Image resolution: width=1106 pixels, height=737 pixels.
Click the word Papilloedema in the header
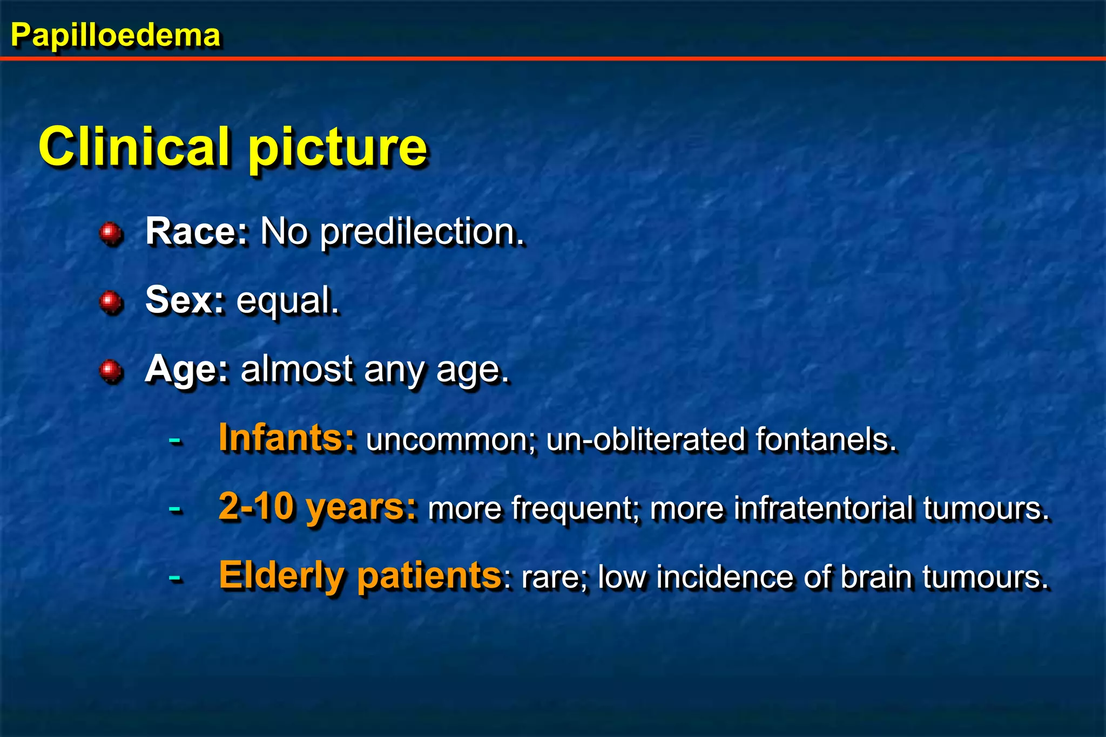(x=116, y=36)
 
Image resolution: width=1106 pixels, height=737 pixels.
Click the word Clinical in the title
(x=134, y=147)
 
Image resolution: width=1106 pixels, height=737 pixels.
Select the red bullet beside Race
(x=111, y=233)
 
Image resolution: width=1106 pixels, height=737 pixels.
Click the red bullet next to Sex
(x=111, y=302)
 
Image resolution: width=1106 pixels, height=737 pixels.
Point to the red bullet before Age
(x=111, y=371)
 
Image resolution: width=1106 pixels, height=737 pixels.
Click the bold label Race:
(x=197, y=231)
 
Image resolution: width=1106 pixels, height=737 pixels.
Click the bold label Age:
(x=187, y=370)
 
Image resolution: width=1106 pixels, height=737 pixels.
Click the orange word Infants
(x=287, y=438)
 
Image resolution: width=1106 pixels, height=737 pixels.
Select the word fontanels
(x=826, y=439)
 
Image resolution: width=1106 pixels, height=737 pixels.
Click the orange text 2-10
(x=257, y=507)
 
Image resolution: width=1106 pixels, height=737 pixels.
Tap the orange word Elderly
(x=281, y=576)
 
